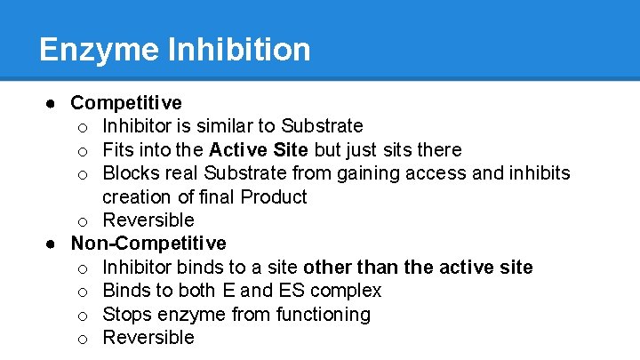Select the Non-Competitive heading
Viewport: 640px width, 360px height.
click(x=148, y=244)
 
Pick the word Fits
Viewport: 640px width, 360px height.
click(x=117, y=149)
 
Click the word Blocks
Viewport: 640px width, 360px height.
click(x=130, y=172)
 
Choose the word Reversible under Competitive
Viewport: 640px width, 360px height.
click(x=148, y=220)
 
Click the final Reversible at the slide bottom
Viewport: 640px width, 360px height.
click(x=148, y=337)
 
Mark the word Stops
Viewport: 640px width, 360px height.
click(x=127, y=314)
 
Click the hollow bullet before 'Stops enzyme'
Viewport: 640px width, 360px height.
click(x=82, y=315)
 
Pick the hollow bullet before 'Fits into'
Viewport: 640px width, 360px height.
click(x=82, y=150)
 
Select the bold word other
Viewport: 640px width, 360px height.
click(x=326, y=267)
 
